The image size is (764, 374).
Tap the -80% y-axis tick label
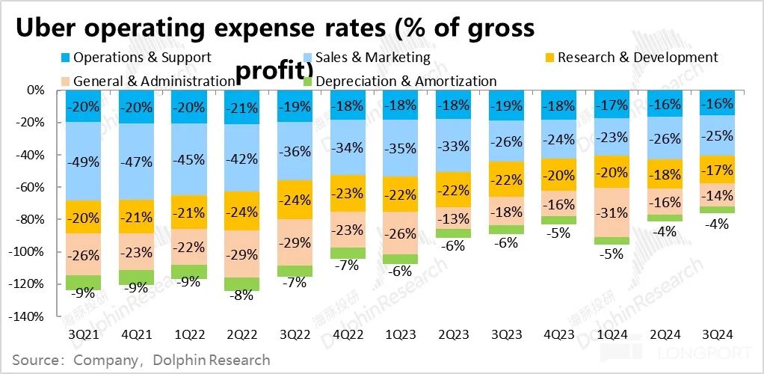point(31,220)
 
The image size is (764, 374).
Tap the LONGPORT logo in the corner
point(713,349)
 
